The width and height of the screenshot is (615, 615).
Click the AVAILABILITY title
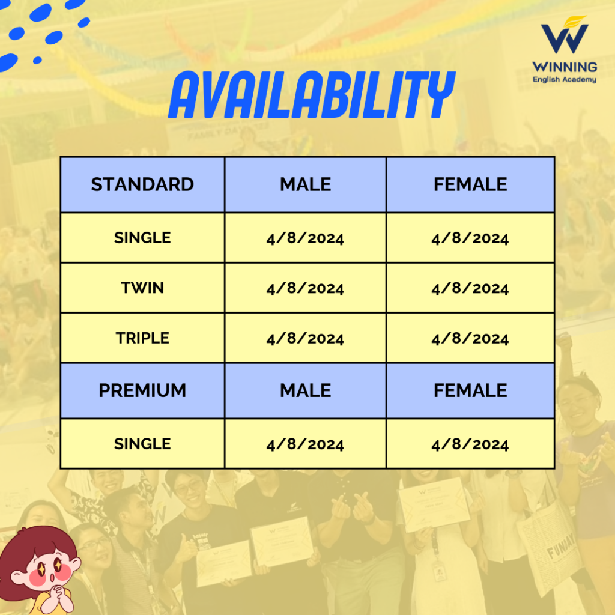point(312,94)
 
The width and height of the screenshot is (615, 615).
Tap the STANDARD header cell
point(142,184)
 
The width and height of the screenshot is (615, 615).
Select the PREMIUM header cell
point(142,390)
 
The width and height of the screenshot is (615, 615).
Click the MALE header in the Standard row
point(305,184)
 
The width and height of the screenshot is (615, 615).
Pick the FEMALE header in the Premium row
point(470,390)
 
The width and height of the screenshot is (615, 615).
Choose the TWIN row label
point(142,288)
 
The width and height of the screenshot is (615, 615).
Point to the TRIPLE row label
point(142,338)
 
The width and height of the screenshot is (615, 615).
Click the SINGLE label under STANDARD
point(142,238)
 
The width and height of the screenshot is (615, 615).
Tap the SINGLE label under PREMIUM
point(142,444)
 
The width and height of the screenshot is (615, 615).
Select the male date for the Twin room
point(305,288)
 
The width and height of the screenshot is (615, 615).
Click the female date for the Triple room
point(470,339)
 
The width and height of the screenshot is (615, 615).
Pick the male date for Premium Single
point(305,444)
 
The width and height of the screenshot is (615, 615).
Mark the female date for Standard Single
point(470,238)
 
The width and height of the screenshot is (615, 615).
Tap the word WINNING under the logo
point(565,67)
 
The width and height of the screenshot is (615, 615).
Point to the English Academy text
point(565,80)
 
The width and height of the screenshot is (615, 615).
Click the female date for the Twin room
point(470,288)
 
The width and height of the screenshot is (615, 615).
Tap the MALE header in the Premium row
point(305,390)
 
